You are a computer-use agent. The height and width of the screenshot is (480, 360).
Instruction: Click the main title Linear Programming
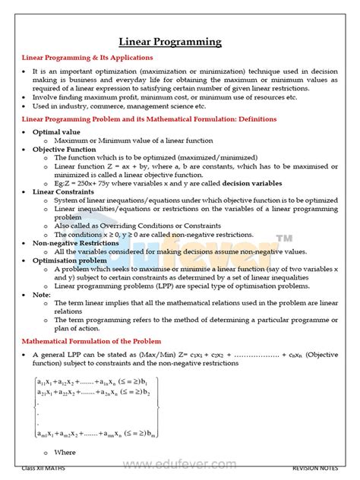(180, 42)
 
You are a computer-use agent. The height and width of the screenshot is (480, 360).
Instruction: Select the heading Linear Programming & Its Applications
(87, 58)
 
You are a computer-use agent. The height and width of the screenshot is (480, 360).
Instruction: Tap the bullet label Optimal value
(58, 131)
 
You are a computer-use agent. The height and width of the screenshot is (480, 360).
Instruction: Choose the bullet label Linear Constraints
(67, 191)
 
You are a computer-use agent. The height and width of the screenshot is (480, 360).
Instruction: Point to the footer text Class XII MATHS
(43, 469)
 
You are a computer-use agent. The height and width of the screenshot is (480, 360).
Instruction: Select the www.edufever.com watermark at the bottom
(180, 461)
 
